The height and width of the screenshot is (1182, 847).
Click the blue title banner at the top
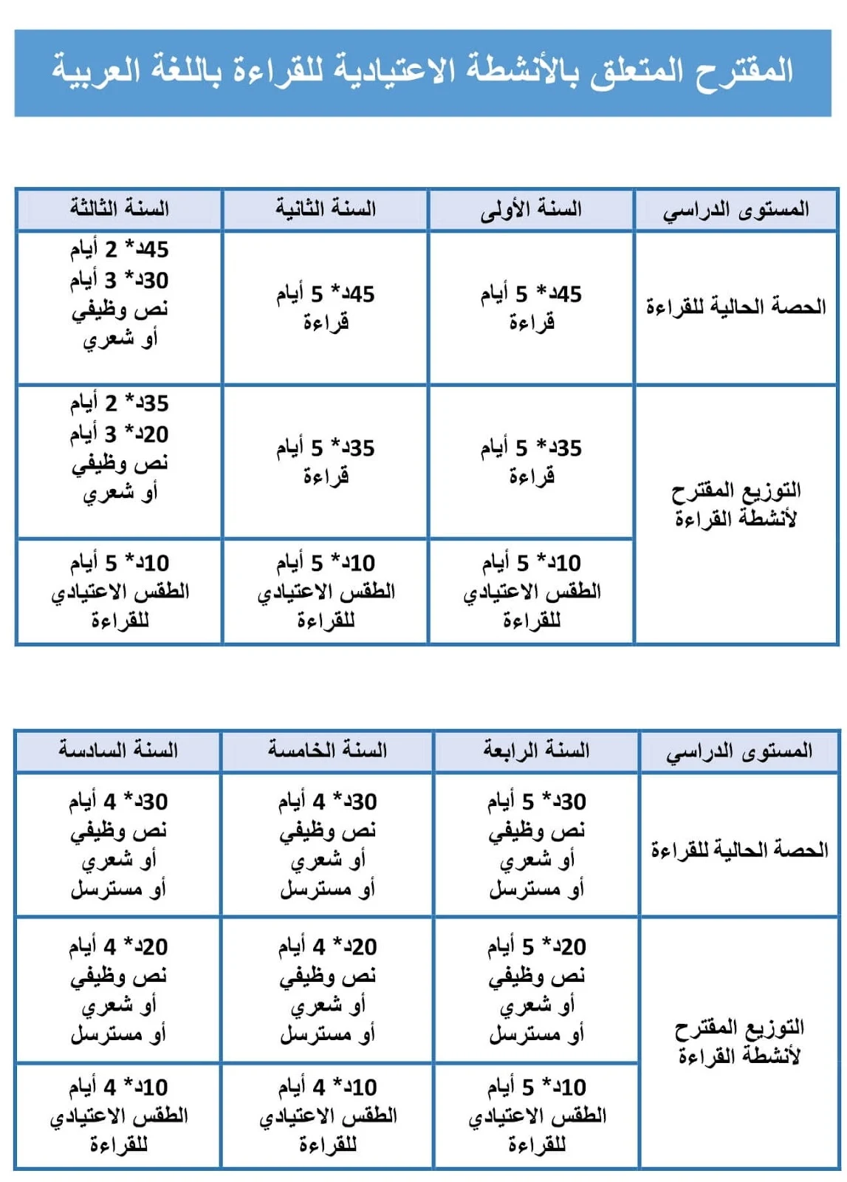pyautogui.click(x=422, y=73)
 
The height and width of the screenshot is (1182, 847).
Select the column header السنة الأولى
pyautogui.click(x=531, y=209)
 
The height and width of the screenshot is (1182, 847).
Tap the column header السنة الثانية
pyautogui.click(x=326, y=209)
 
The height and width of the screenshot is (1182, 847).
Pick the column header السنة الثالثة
pyautogui.click(x=120, y=209)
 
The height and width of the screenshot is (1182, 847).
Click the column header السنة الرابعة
pyautogui.click(x=537, y=751)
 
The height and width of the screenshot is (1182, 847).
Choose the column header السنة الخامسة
pyautogui.click(x=327, y=751)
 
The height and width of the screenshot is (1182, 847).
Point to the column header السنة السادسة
pyautogui.click(x=118, y=751)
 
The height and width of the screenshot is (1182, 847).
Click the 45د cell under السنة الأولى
pyautogui.click(x=531, y=307)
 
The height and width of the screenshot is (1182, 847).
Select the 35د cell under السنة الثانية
pyautogui.click(x=326, y=461)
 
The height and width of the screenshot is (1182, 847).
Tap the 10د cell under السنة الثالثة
pyautogui.click(x=120, y=592)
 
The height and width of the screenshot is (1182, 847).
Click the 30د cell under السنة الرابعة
pyautogui.click(x=537, y=845)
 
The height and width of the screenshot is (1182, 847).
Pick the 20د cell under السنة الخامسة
pyautogui.click(x=327, y=990)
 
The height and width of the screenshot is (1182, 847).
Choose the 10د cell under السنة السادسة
pyautogui.click(x=118, y=1116)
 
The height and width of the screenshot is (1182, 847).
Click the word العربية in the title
pyautogui.click(x=96, y=72)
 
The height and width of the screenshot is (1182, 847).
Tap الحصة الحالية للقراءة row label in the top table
pyautogui.click(x=736, y=307)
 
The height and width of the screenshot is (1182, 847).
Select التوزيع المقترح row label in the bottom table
pyautogui.click(x=739, y=1042)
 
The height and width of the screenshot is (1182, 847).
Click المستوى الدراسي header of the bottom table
pyautogui.click(x=739, y=752)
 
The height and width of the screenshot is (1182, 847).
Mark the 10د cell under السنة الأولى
pyautogui.click(x=531, y=592)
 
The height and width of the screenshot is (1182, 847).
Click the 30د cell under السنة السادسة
pyautogui.click(x=118, y=845)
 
